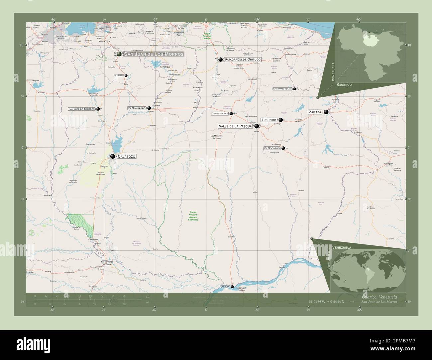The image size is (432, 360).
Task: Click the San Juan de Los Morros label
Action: pyautogui.click(x=154, y=54)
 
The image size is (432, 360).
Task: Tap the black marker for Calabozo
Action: pyautogui.click(x=113, y=156)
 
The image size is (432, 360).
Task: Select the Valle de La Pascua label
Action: pyautogui.click(x=235, y=126)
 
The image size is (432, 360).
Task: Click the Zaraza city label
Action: pyautogui.click(x=315, y=112)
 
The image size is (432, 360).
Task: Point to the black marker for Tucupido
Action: pyautogui.click(x=281, y=120)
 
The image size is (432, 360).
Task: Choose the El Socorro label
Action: pyautogui.click(x=272, y=148)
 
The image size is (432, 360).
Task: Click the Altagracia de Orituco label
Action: pyautogui.click(x=243, y=60)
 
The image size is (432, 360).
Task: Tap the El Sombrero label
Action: pyautogui.click(x=137, y=108)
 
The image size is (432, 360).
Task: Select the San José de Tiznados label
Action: pyautogui.click(x=81, y=109)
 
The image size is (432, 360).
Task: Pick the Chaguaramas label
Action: pyautogui.click(x=220, y=114)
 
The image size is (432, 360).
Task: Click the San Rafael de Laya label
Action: pyautogui.click(x=282, y=89)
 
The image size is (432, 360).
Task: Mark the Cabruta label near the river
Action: pyautogui.click(x=225, y=287)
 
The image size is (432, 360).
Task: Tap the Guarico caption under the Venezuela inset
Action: pyautogui.click(x=344, y=85)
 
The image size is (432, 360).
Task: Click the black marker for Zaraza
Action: pyautogui.click(x=326, y=112)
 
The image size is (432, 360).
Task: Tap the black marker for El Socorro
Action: pyautogui.click(x=283, y=148)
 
